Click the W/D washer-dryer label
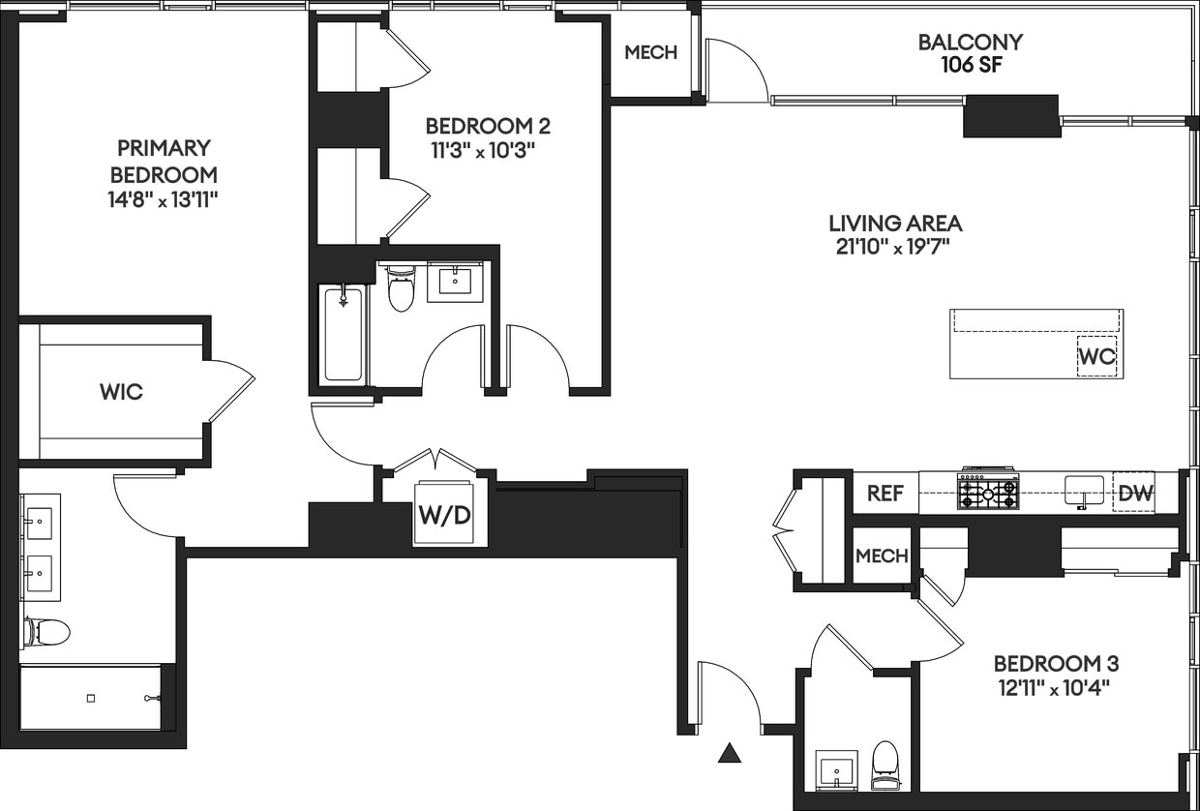[444, 515]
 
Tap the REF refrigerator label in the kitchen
[885, 494]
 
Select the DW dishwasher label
[1135, 494]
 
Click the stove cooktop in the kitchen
[988, 491]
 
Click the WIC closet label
[121, 392]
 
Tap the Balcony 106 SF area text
[970, 65]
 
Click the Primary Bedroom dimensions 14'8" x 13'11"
[164, 200]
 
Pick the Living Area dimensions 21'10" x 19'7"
[893, 247]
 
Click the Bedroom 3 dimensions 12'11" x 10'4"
[1056, 688]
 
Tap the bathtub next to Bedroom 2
[343, 334]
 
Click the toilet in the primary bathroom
[47, 633]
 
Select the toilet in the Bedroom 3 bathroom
[885, 759]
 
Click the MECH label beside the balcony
[650, 52]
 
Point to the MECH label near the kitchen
[882, 556]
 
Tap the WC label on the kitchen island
[1096, 356]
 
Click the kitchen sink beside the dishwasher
[1084, 491]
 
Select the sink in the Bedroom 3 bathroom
[835, 770]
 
